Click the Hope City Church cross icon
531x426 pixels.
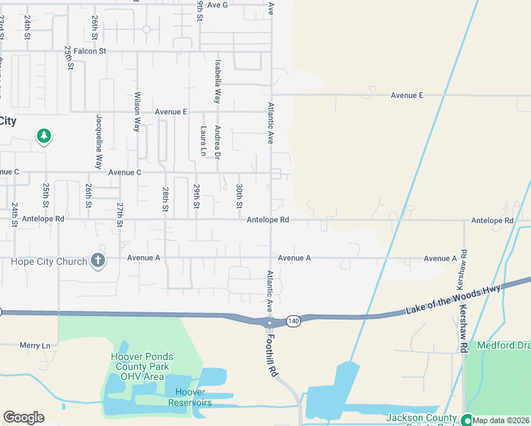(x=98, y=261)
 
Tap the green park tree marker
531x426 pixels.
(x=44, y=135)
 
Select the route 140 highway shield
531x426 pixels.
(x=294, y=322)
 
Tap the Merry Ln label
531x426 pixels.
(x=36, y=345)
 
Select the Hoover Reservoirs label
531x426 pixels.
(x=190, y=398)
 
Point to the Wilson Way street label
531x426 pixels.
(x=137, y=112)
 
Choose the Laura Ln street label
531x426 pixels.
(x=203, y=141)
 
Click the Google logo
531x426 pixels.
(x=23, y=417)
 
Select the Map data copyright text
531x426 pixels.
(x=501, y=420)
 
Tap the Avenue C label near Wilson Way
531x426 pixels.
(x=125, y=173)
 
